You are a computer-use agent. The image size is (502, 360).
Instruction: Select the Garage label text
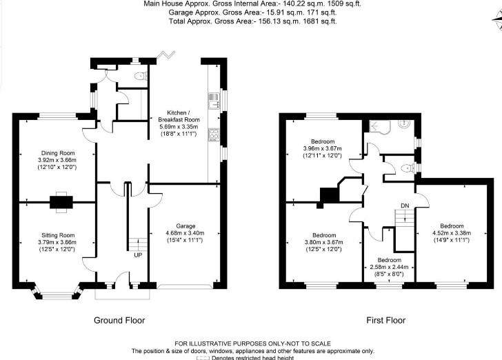tap(185, 226)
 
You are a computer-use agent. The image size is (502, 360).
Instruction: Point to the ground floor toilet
tap(141, 77)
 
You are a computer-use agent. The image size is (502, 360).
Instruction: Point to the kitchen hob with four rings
tap(213, 134)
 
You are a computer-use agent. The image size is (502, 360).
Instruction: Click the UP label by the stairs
tap(138, 254)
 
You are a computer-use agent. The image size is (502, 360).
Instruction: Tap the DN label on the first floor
tap(405, 206)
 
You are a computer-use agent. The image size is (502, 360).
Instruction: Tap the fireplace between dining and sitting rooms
tap(61, 201)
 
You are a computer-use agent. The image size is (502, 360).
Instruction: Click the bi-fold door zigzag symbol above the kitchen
tap(166, 55)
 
